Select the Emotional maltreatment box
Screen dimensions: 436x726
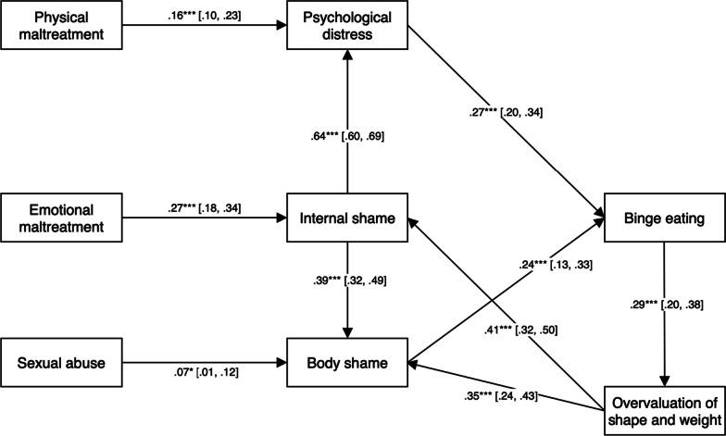point(62,219)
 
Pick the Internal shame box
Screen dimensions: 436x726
point(347,219)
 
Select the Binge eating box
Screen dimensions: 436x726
point(664,219)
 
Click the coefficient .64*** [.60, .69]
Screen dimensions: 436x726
point(347,137)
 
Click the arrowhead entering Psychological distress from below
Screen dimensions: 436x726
point(347,57)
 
